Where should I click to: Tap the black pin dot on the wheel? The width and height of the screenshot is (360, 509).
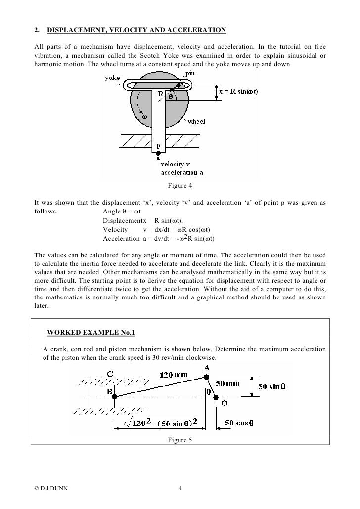coord(178,85)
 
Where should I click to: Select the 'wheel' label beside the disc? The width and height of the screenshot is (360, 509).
coord(196,121)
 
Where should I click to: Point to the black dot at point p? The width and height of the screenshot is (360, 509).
coord(158,154)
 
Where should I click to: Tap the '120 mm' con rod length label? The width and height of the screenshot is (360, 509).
coord(174,375)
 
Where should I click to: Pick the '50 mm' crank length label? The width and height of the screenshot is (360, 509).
coord(227,383)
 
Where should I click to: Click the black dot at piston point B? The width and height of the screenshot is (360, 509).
coord(114,396)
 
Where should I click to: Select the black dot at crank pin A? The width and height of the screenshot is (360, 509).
coord(207,378)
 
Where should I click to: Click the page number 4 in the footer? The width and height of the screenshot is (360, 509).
coord(180,489)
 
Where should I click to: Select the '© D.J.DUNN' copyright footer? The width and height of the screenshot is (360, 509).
coord(51,489)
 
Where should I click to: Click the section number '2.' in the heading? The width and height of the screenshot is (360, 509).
coord(37,31)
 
